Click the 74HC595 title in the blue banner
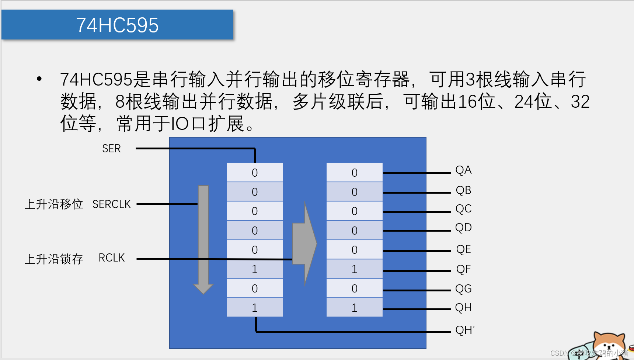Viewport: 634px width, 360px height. (117, 25)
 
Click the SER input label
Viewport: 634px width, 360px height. (111, 149)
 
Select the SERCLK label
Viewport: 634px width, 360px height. (111, 204)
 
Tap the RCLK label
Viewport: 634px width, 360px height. (111, 258)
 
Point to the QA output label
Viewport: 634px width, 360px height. (463, 170)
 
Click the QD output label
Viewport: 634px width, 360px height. (463, 228)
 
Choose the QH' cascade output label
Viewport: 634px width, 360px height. (465, 330)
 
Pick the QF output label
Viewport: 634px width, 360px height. (463, 269)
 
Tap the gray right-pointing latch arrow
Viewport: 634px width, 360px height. (304, 243)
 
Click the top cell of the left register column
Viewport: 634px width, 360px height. (255, 173)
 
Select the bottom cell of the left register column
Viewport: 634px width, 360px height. (255, 308)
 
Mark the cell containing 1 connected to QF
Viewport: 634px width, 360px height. (354, 269)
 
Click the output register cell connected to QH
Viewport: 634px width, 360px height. (354, 308)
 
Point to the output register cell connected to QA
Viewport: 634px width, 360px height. (354, 173)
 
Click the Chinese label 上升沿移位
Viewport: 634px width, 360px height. (54, 204)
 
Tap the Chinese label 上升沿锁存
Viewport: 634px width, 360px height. (54, 259)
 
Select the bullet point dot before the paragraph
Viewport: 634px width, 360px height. (39, 79)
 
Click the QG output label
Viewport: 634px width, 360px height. (463, 288)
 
